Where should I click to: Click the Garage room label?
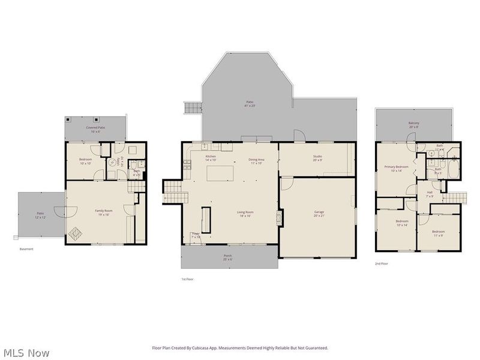(x=319, y=213)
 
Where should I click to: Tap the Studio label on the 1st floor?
(x=317, y=158)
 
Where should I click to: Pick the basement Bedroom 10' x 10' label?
(x=85, y=161)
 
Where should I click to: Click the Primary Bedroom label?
(x=397, y=169)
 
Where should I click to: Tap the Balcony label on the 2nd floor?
(x=414, y=125)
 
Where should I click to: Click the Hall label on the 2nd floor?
(x=430, y=194)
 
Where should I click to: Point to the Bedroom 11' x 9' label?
(x=439, y=233)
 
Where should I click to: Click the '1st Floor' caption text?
(x=187, y=279)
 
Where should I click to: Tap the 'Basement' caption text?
(x=26, y=249)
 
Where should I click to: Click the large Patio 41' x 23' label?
(x=250, y=104)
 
